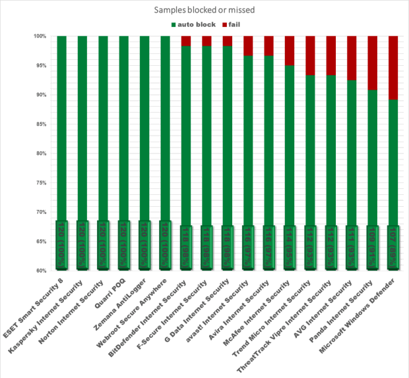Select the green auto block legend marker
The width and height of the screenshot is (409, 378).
pos(173,25)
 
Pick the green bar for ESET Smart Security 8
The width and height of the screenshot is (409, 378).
pos(62,132)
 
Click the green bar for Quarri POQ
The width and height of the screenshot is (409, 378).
pos(124,132)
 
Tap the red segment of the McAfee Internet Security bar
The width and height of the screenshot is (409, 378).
pos(290,51)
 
